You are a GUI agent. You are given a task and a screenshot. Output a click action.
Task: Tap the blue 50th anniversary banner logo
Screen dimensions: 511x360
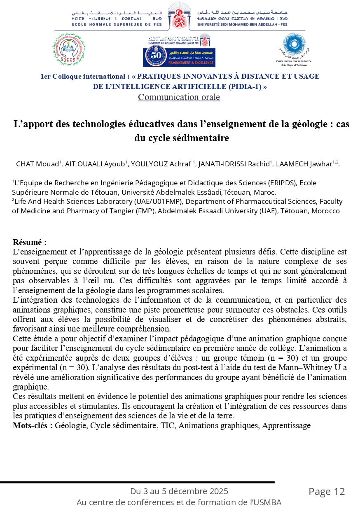tap(179, 57)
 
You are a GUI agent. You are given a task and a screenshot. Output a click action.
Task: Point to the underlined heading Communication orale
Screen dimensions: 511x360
tap(179, 97)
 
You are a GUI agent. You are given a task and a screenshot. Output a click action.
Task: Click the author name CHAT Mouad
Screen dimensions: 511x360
tap(37, 164)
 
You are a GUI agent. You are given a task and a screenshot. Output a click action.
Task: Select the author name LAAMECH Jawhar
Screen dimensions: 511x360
tap(304, 164)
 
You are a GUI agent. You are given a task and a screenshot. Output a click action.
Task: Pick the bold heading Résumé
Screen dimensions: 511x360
tap(29, 242)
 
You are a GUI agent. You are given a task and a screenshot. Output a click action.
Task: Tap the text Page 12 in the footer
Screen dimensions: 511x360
tap(327, 491)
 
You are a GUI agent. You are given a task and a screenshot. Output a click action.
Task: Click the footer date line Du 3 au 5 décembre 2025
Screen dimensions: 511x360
tap(179, 491)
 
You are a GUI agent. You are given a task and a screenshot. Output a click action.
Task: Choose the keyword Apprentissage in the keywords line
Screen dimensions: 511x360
tap(286, 425)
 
